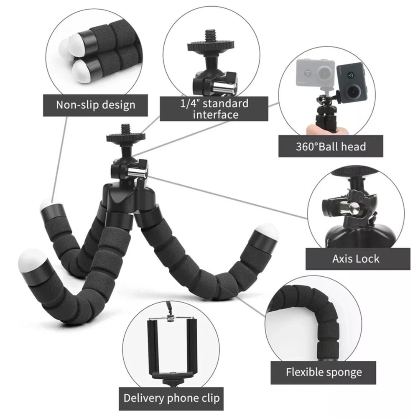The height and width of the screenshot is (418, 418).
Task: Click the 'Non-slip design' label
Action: point(96,104)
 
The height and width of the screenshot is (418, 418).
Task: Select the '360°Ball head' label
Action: point(330,146)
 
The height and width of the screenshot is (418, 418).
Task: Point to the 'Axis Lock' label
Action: point(356,259)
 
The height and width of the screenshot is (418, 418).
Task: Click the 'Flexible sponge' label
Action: point(324,372)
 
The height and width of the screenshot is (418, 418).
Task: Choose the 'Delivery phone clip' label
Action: point(171,398)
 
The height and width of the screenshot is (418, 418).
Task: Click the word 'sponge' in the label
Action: point(343,372)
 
